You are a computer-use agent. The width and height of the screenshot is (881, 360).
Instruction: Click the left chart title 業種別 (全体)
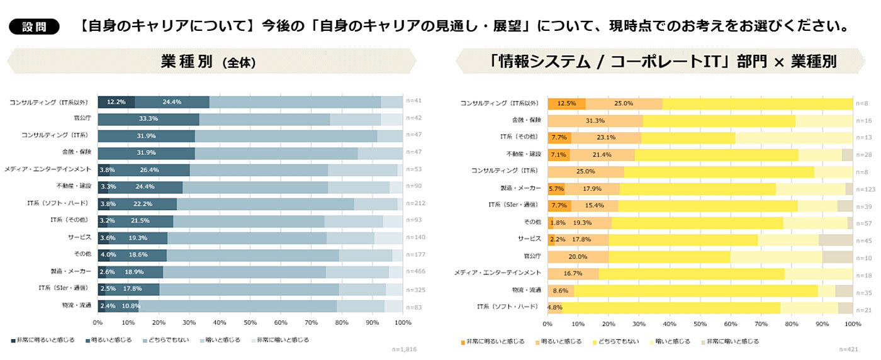point(208,62)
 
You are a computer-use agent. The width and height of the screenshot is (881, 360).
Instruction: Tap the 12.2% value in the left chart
point(116,102)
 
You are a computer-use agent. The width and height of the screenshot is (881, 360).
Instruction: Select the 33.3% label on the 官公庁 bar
point(148,119)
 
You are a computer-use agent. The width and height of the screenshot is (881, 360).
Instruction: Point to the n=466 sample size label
point(415,271)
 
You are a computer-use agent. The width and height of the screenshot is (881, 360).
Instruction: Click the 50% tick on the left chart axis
point(250,322)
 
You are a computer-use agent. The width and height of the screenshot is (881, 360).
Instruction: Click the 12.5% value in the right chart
point(566,103)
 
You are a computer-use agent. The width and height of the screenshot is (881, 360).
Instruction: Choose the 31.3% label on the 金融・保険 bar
point(595,120)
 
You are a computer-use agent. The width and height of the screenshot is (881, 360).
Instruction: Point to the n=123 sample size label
point(865,188)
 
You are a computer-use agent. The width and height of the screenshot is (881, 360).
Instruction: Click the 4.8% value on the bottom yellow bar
point(555,307)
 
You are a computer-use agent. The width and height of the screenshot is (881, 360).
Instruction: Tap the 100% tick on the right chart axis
point(852,323)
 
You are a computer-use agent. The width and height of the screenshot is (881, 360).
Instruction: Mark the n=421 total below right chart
point(848,349)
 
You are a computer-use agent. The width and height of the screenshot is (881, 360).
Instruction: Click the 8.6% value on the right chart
point(560,290)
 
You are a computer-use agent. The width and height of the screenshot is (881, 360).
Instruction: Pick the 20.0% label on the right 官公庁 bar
point(578,256)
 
